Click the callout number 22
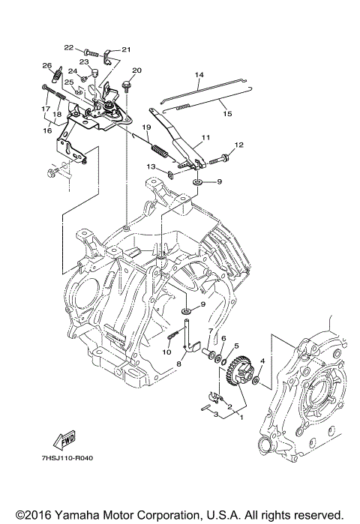pyautogui.click(x=68, y=48)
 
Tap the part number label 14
pyautogui.click(x=199, y=75)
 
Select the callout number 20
pyautogui.click(x=136, y=70)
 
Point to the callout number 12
pyautogui.click(x=239, y=145)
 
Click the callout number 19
pyautogui.click(x=146, y=127)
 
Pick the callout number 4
pyautogui.click(x=262, y=361)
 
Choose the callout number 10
pyautogui.click(x=166, y=352)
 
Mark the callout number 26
pyautogui.click(x=46, y=65)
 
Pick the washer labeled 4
pyautogui.click(x=256, y=380)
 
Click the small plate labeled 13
pyautogui.click(x=169, y=175)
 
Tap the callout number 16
pyautogui.click(x=47, y=130)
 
